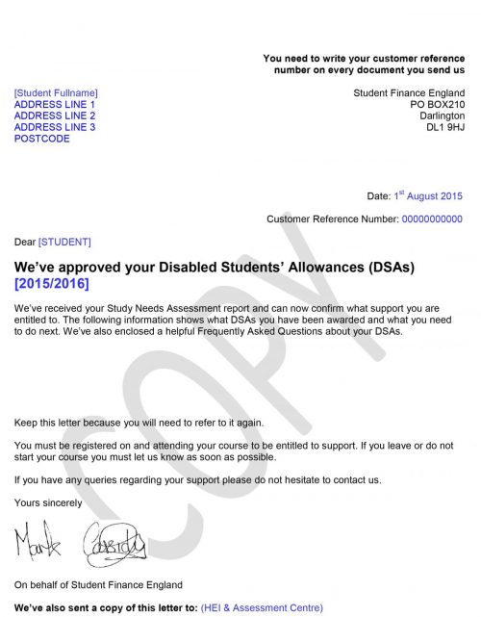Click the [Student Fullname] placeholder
[x=56, y=93]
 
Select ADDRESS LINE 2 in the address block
[x=55, y=116]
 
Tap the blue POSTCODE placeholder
[x=42, y=140]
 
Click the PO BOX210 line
[x=437, y=105]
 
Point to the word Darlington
[x=442, y=116]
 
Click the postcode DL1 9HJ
[x=444, y=128]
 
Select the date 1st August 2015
[x=428, y=196]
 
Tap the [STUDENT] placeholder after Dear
[x=64, y=242]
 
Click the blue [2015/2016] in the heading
[x=52, y=284]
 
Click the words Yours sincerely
[x=48, y=502]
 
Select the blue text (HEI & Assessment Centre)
[x=262, y=608]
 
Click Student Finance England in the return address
[x=409, y=93]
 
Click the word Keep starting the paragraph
[x=26, y=423]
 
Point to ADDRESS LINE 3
[x=55, y=128]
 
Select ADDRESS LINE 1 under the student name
[x=55, y=105]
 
